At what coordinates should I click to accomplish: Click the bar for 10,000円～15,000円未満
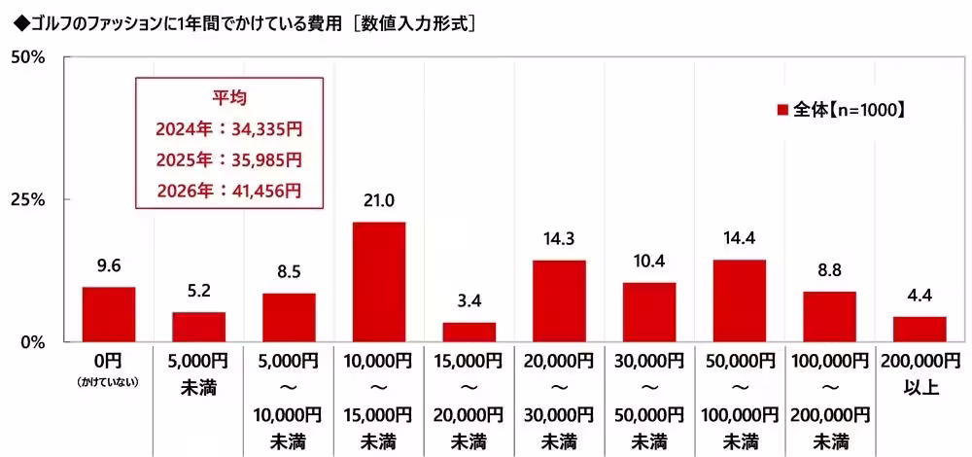tap(378, 282)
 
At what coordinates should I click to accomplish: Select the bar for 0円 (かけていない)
tap(108, 314)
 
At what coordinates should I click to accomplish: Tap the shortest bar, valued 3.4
tap(469, 332)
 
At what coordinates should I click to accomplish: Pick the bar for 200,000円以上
tap(919, 329)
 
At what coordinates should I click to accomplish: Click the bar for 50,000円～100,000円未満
tap(739, 300)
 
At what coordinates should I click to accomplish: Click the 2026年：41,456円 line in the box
tap(228, 191)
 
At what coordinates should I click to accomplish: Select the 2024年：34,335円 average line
tap(228, 128)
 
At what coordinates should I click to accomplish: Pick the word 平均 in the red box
tap(228, 98)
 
